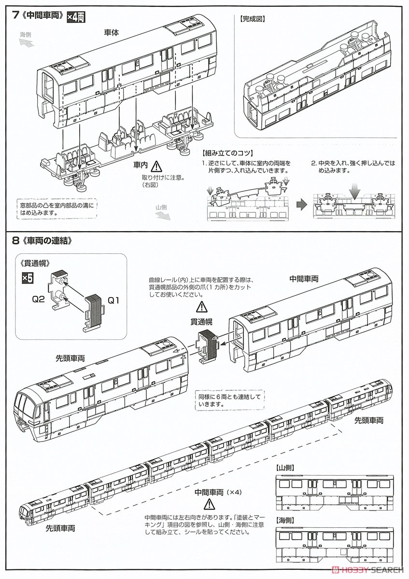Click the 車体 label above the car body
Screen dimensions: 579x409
(x=112, y=32)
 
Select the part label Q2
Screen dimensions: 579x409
(x=39, y=299)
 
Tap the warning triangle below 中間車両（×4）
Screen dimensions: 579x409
(x=209, y=505)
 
